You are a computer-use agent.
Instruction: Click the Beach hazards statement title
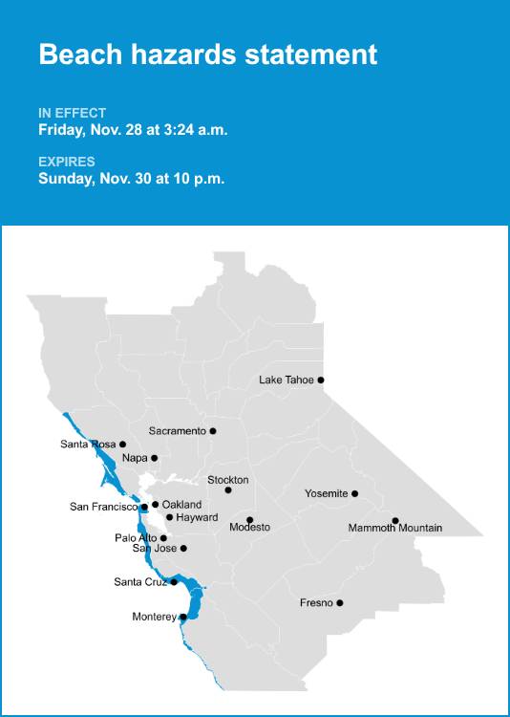pyautogui.click(x=207, y=54)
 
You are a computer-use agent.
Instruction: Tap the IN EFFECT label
pyautogui.click(x=73, y=113)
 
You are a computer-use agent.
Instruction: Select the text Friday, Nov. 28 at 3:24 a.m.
pyautogui.click(x=133, y=130)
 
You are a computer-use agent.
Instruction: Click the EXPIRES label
pyautogui.click(x=67, y=162)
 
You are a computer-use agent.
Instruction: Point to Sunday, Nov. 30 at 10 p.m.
pyautogui.click(x=132, y=179)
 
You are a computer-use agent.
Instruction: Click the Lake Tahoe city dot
pyautogui.click(x=321, y=380)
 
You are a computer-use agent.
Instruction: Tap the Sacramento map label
pyautogui.click(x=177, y=431)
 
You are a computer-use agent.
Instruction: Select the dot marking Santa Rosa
pyautogui.click(x=122, y=445)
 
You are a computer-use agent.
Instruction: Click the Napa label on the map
pyautogui.click(x=135, y=458)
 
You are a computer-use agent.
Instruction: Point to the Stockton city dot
pyautogui.click(x=228, y=490)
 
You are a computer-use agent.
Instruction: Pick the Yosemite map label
pyautogui.click(x=326, y=493)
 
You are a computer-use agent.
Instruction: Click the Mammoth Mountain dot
pyautogui.click(x=395, y=521)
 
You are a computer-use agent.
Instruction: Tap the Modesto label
pyautogui.click(x=250, y=528)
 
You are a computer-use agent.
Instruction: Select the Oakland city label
pyautogui.click(x=181, y=505)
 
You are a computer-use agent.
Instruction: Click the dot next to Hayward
pyautogui.click(x=169, y=517)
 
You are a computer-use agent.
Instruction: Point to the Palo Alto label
pyautogui.click(x=136, y=538)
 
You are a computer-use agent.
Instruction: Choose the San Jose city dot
pyautogui.click(x=183, y=549)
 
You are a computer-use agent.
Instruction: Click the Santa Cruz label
pyautogui.click(x=140, y=581)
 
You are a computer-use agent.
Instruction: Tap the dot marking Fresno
pyautogui.click(x=340, y=602)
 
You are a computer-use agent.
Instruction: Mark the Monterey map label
pyautogui.click(x=154, y=617)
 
